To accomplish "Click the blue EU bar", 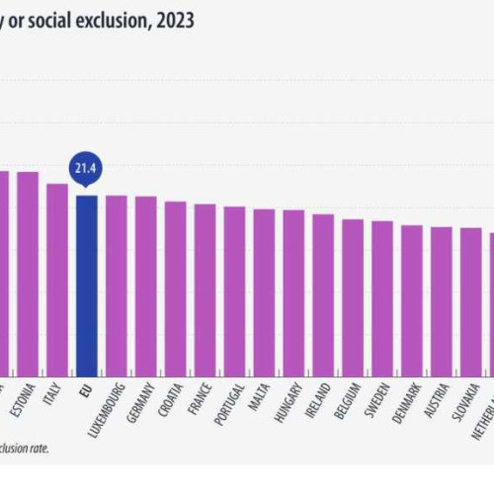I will (x=86, y=282).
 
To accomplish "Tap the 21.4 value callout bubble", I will (x=86, y=167).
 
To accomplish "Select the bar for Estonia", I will (x=27, y=272).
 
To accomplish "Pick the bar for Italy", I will (x=56, y=277).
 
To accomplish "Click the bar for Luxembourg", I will (x=116, y=282).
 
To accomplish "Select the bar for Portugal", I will (x=234, y=288).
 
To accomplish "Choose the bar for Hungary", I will (x=293, y=289).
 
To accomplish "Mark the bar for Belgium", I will (x=353, y=293).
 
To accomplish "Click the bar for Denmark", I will (x=412, y=296).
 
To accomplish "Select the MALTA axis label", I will (x=262, y=396).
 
